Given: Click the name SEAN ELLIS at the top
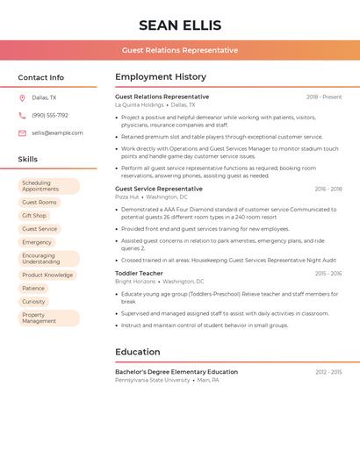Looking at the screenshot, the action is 180,25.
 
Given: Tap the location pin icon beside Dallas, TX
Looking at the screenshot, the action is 22,98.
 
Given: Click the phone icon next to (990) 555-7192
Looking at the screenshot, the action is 22,115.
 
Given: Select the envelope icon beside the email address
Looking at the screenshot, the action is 22,133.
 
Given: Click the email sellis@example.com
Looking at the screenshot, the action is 57,133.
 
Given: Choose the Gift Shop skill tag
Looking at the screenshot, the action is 34,215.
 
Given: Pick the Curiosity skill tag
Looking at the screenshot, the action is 33,302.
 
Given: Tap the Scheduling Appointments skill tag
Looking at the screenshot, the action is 48,186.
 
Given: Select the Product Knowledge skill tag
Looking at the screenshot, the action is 47,275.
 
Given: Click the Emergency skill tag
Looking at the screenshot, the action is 37,242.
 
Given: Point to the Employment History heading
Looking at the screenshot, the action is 161,77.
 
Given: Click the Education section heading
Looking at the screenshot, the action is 138,352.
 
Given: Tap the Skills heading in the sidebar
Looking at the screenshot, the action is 28,160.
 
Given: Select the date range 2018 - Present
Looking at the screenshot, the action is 324,97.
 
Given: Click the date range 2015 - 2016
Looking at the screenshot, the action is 328,274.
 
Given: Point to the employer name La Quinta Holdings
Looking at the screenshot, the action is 140,104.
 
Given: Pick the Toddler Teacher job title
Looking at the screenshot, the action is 139,274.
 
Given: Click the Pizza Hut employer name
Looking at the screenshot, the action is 127,197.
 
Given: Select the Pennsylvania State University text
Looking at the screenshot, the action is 152,380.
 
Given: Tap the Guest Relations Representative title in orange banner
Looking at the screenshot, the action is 180,50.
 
